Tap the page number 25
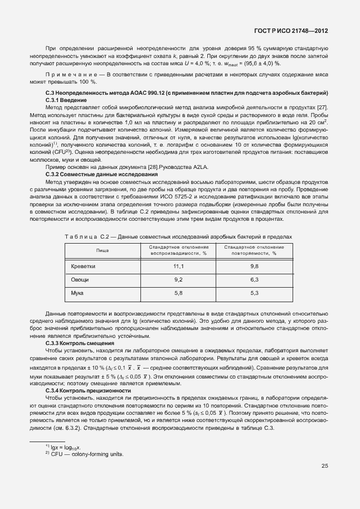[x=325, y=466]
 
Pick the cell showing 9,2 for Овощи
[x=179, y=279]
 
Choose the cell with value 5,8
[x=179, y=292]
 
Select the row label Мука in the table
[x=77, y=292]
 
